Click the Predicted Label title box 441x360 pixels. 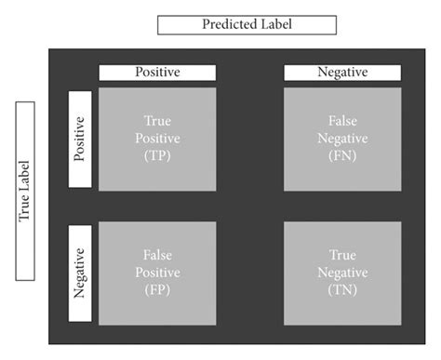tap(247, 24)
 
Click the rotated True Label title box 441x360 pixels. tap(25, 191)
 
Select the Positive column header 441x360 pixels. tap(157, 73)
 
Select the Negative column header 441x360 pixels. tap(342, 73)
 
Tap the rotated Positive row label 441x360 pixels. tap(79, 140)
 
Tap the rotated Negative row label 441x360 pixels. tap(79, 273)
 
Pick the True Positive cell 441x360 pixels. tap(157, 140)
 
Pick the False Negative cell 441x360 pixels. tap(342, 140)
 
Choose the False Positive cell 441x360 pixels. tap(157, 273)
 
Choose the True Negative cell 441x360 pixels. tap(342, 273)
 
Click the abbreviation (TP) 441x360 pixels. tap(157, 156)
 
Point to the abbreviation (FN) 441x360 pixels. tap(342, 156)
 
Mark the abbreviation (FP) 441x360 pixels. tap(157, 289)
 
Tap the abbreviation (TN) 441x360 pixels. tap(342, 289)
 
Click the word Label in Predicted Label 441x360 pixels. tap(275, 24)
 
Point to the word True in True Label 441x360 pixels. tap(25, 210)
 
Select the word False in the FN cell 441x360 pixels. tap(342, 122)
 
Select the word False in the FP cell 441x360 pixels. tap(157, 255)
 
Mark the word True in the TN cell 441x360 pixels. tap(342, 255)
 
